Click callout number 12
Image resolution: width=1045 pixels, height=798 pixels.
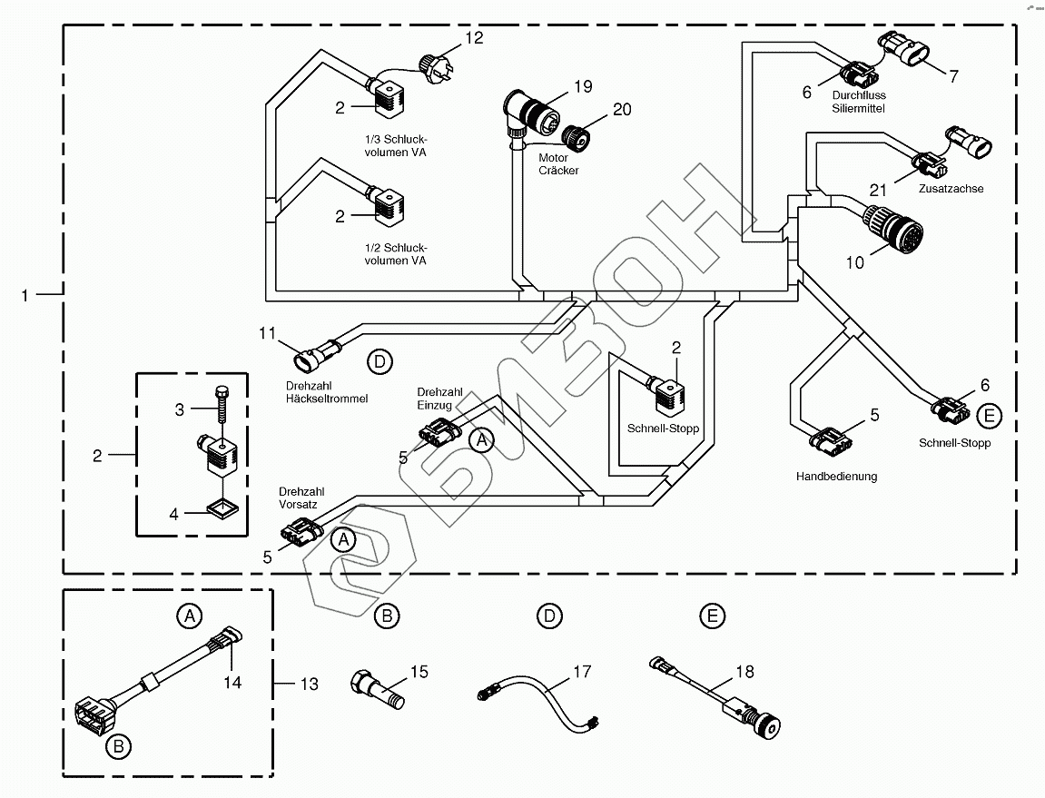[x=474, y=38]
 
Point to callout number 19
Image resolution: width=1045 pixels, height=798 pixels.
[x=583, y=87]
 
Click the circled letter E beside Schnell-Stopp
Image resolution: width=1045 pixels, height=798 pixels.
[x=991, y=417]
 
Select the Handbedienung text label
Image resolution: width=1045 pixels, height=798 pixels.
[x=836, y=477]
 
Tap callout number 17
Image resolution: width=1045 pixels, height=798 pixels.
[x=581, y=672]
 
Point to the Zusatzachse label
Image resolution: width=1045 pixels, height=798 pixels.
[x=951, y=189]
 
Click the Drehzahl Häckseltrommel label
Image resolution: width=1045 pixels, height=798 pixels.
[x=326, y=392]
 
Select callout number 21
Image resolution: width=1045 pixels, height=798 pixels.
[x=877, y=190]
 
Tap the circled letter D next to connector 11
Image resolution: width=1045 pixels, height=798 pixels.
[x=380, y=362]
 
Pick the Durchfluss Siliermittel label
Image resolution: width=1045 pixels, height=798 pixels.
[x=858, y=101]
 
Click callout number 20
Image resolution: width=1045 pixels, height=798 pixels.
[x=621, y=109]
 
